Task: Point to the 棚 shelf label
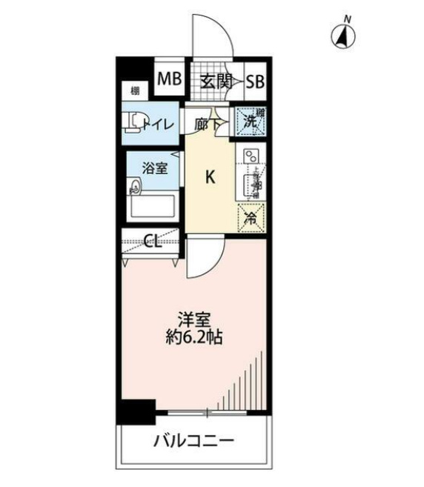[135, 91]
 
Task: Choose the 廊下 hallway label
[206, 125]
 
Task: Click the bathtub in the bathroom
[153, 205]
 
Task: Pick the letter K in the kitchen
[210, 177]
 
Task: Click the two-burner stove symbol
[250, 156]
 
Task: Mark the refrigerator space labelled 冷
[251, 219]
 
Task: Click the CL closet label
[153, 240]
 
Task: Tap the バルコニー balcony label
[194, 443]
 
